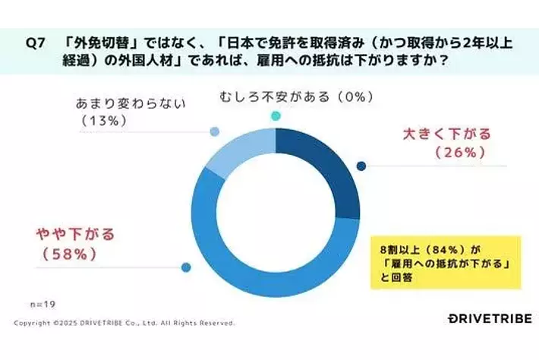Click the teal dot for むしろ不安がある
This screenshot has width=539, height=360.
pos(276,115)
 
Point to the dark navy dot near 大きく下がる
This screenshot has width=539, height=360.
pos(361,166)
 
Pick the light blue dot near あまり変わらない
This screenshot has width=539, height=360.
pos(215,132)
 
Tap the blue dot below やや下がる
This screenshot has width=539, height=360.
pos(185,267)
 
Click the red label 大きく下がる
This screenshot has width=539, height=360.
pos(446,134)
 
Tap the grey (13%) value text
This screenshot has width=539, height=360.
pos(102,119)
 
